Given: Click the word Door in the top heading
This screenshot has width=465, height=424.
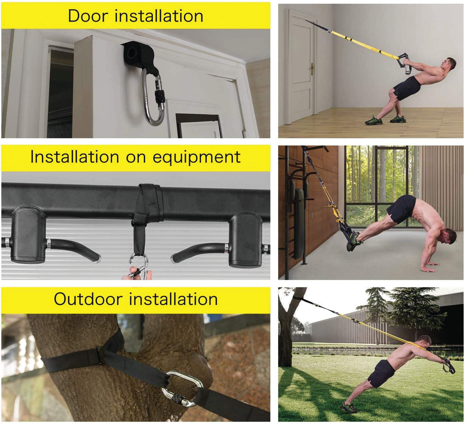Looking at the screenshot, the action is pos(88,16).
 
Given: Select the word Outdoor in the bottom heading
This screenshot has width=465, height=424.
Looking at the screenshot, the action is pos(88,299).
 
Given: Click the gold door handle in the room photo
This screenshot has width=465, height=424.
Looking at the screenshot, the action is pos(312,69).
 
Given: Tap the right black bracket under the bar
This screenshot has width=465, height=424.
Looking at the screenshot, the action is pos(246,240).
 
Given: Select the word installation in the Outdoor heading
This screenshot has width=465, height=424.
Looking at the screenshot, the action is pos(173,299).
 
